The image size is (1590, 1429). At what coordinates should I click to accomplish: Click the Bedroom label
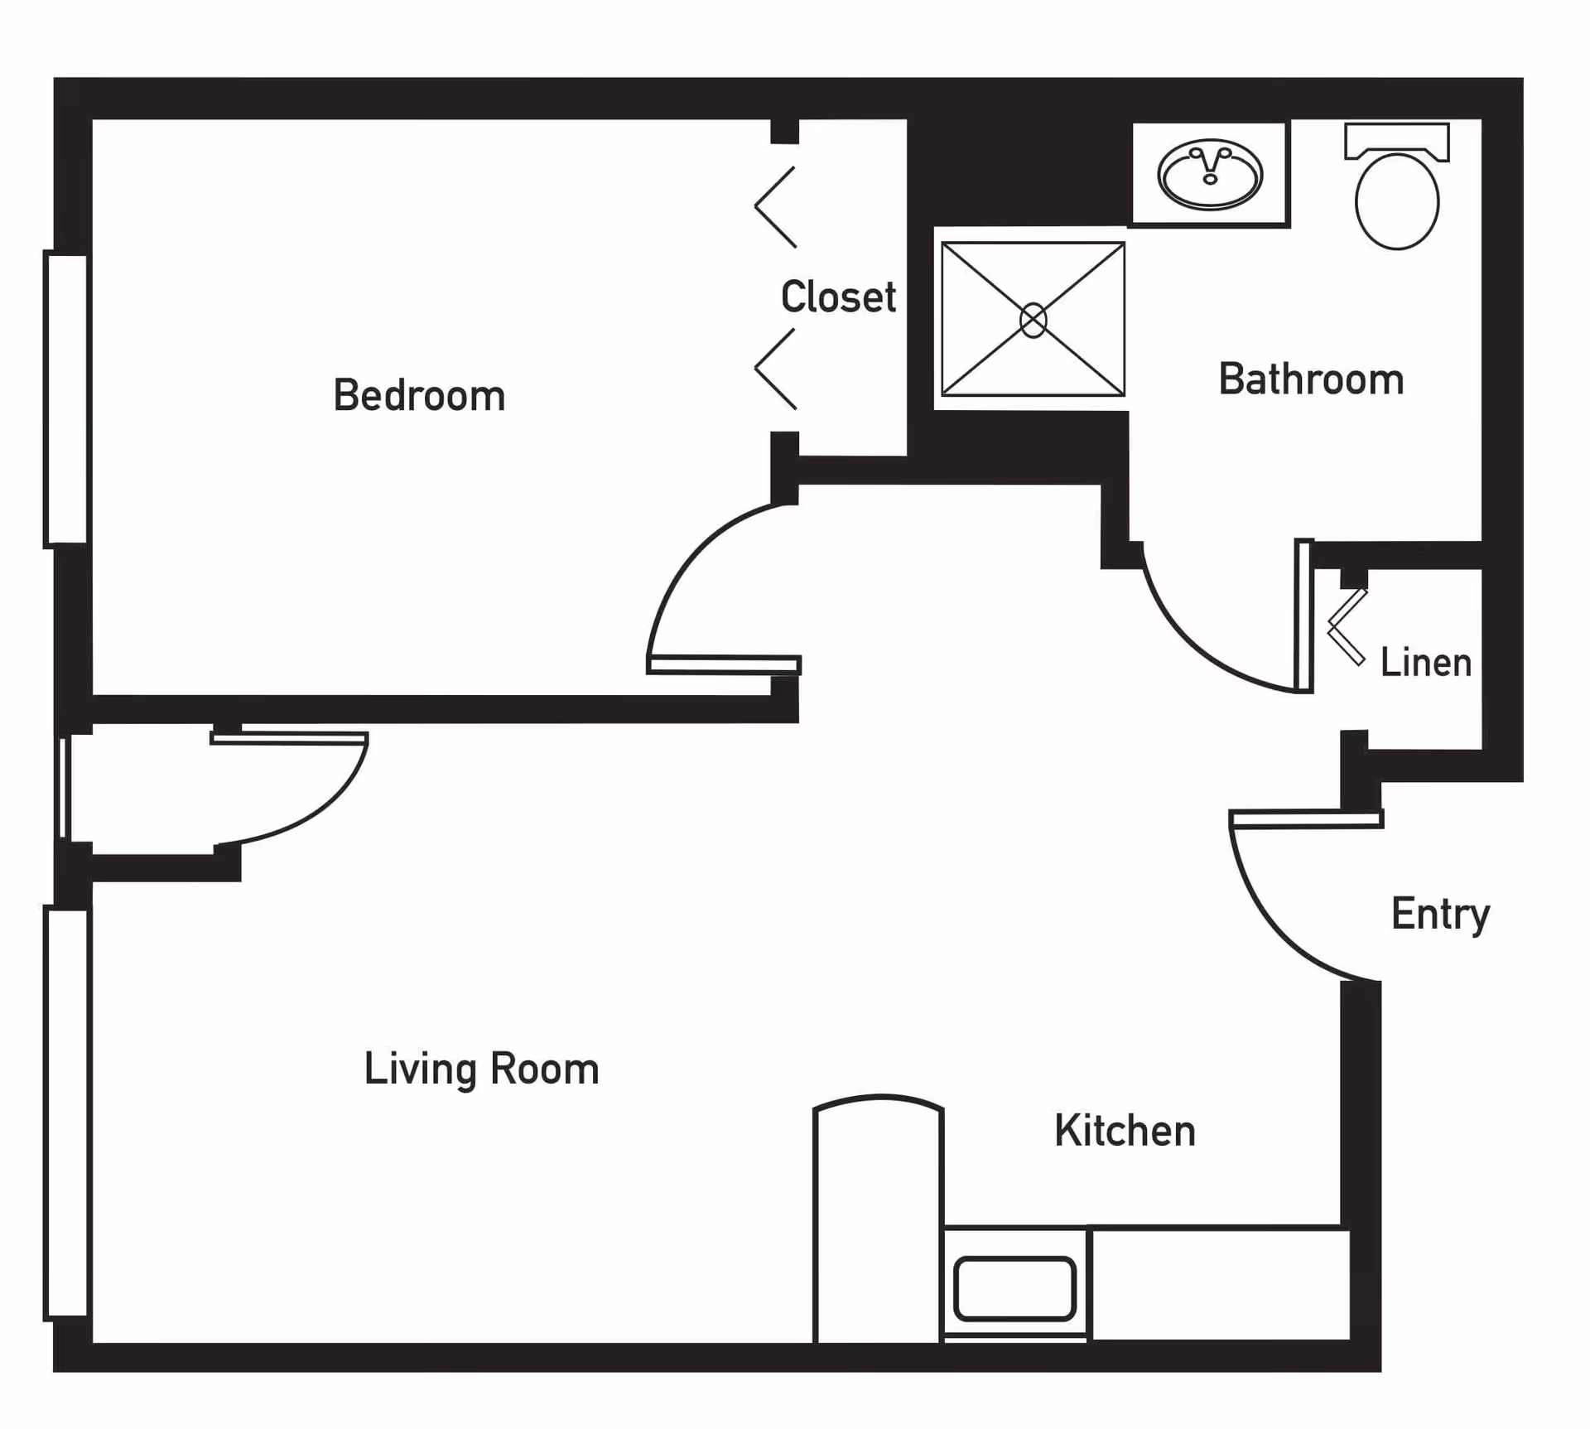click(419, 395)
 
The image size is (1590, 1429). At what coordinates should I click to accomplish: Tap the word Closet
click(838, 297)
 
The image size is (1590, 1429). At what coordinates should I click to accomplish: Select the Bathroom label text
click(1311, 379)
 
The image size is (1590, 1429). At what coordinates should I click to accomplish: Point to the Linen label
click(1426, 663)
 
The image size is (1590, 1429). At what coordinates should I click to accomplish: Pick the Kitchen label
click(1125, 1131)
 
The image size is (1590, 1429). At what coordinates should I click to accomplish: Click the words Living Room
click(481, 1069)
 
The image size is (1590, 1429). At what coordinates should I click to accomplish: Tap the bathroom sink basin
click(1210, 174)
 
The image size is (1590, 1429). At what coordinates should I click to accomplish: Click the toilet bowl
click(1397, 201)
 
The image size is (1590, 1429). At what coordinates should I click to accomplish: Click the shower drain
click(1033, 321)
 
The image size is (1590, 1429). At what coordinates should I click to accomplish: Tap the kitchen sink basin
click(1014, 1288)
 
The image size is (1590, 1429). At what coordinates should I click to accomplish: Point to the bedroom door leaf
click(724, 664)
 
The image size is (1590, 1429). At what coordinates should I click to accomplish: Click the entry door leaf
click(1306, 819)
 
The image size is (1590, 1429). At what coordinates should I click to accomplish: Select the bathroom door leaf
click(1304, 616)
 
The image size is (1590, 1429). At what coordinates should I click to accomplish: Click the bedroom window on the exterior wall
click(66, 399)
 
